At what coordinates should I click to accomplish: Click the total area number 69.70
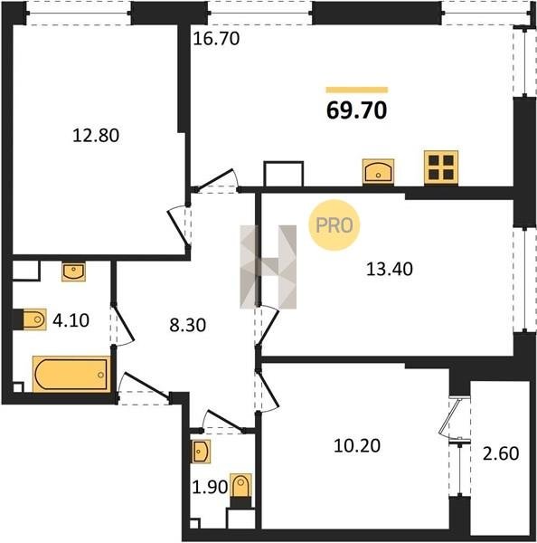[x=357, y=110]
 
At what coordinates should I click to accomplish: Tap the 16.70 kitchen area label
[x=216, y=38]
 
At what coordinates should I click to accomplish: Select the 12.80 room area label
[x=96, y=135]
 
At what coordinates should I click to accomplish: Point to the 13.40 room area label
[x=390, y=269]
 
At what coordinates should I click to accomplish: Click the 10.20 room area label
[x=357, y=445]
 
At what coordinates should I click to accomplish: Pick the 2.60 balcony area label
[x=501, y=453]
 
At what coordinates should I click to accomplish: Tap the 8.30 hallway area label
[x=187, y=325]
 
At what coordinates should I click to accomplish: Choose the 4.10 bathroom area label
[x=71, y=320]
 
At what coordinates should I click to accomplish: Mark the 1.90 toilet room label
[x=210, y=487]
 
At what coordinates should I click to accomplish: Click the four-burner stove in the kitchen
[x=441, y=167]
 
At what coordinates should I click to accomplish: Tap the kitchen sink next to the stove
[x=378, y=171]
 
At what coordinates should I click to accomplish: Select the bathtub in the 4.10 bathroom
[x=71, y=374]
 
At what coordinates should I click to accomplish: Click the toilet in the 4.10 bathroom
[x=33, y=319]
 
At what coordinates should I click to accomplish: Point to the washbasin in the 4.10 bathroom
[x=74, y=271]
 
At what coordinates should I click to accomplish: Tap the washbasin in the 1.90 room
[x=201, y=452]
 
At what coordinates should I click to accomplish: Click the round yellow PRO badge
[x=334, y=225]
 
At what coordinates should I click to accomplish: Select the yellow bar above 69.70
[x=357, y=90]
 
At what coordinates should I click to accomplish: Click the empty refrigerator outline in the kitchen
[x=283, y=174]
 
